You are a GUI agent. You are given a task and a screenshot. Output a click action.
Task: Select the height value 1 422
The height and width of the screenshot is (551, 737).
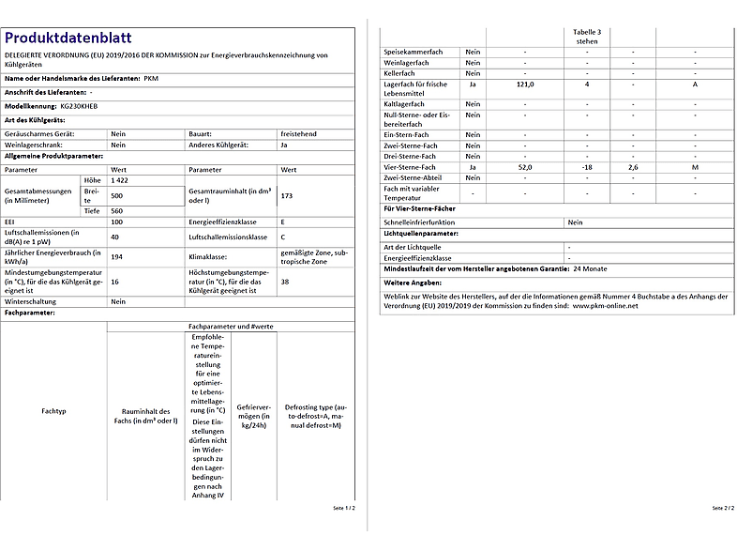coord(119,178)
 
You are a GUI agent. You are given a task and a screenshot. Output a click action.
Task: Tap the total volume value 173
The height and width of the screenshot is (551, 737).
coord(287,195)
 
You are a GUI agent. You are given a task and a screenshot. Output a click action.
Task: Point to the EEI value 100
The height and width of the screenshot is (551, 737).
coord(117,222)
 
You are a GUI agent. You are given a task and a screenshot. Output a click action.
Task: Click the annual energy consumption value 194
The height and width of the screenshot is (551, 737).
coord(117,256)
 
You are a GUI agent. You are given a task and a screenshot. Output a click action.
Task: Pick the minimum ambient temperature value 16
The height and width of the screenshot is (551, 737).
coord(114,281)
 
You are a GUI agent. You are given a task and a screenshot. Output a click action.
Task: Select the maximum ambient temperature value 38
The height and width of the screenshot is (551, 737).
coord(284,281)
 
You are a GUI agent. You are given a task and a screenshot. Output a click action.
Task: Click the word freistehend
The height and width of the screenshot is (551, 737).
coord(299,134)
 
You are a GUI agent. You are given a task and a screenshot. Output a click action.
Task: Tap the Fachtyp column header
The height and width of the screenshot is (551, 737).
coord(53,411)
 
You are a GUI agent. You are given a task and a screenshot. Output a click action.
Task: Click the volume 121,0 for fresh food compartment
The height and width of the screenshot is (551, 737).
coord(525,84)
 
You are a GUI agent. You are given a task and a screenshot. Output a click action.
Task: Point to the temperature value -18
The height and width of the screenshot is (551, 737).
coord(587,167)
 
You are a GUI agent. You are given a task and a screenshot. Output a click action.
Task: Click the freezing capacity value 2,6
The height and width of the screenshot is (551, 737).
coord(633,167)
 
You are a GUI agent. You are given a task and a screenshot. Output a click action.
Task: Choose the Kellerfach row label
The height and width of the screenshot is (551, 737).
coord(405,73)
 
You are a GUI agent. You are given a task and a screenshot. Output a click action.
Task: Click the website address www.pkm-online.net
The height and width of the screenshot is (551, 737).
coord(605,305)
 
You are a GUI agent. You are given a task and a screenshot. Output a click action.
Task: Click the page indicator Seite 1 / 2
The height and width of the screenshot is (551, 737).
coord(344,508)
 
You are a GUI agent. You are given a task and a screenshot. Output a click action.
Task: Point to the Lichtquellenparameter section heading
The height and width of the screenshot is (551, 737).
coord(421,232)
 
